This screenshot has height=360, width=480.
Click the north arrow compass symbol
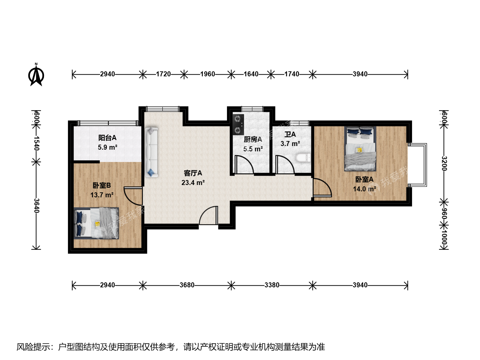36,75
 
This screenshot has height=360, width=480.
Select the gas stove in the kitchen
238,125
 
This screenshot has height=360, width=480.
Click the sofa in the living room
151,152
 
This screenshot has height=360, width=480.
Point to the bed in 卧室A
360,149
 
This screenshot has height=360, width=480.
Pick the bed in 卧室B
96,223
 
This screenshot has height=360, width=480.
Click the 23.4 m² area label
193,183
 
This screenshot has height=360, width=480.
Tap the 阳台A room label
107,138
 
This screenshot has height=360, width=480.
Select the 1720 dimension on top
163,74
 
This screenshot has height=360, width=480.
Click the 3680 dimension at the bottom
187,285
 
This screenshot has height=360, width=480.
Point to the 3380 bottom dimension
272,285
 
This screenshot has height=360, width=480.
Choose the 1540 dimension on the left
36,143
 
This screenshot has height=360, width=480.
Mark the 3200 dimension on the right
444,163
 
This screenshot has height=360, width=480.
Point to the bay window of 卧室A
417,165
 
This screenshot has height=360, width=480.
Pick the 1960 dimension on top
208,74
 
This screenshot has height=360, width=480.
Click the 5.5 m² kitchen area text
253,149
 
